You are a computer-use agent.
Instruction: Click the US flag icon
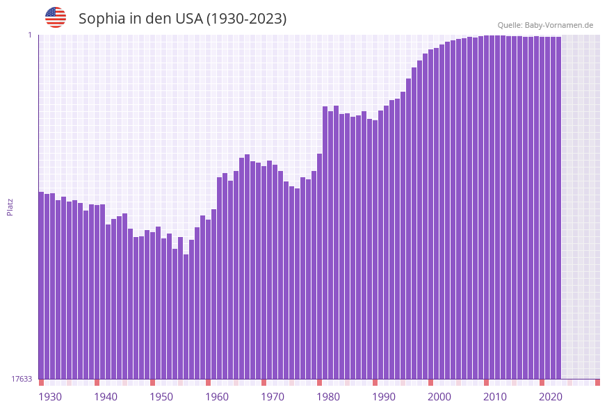click(x=56, y=17)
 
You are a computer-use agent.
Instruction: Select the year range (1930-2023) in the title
click(x=246, y=19)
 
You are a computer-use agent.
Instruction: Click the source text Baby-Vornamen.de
click(x=559, y=25)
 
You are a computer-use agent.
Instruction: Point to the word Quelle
click(x=510, y=25)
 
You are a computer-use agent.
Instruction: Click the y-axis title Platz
click(x=10, y=206)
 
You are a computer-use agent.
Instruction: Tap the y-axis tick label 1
click(x=30, y=35)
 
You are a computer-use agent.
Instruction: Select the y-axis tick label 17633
click(x=22, y=379)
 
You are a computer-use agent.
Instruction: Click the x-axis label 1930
click(x=50, y=397)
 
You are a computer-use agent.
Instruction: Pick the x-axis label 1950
click(x=161, y=397)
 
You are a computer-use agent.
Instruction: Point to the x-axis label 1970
click(x=273, y=397)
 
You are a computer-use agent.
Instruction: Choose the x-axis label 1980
click(x=328, y=397)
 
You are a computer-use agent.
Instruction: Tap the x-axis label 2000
click(x=439, y=397)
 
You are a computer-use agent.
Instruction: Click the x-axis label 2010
click(x=495, y=397)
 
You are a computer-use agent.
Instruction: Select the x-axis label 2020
click(x=551, y=397)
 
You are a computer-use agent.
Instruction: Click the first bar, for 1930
click(x=41, y=285)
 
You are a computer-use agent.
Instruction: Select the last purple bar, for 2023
click(x=558, y=208)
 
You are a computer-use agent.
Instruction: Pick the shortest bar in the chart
click(x=186, y=316)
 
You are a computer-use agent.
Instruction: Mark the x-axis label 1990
click(x=384, y=397)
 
